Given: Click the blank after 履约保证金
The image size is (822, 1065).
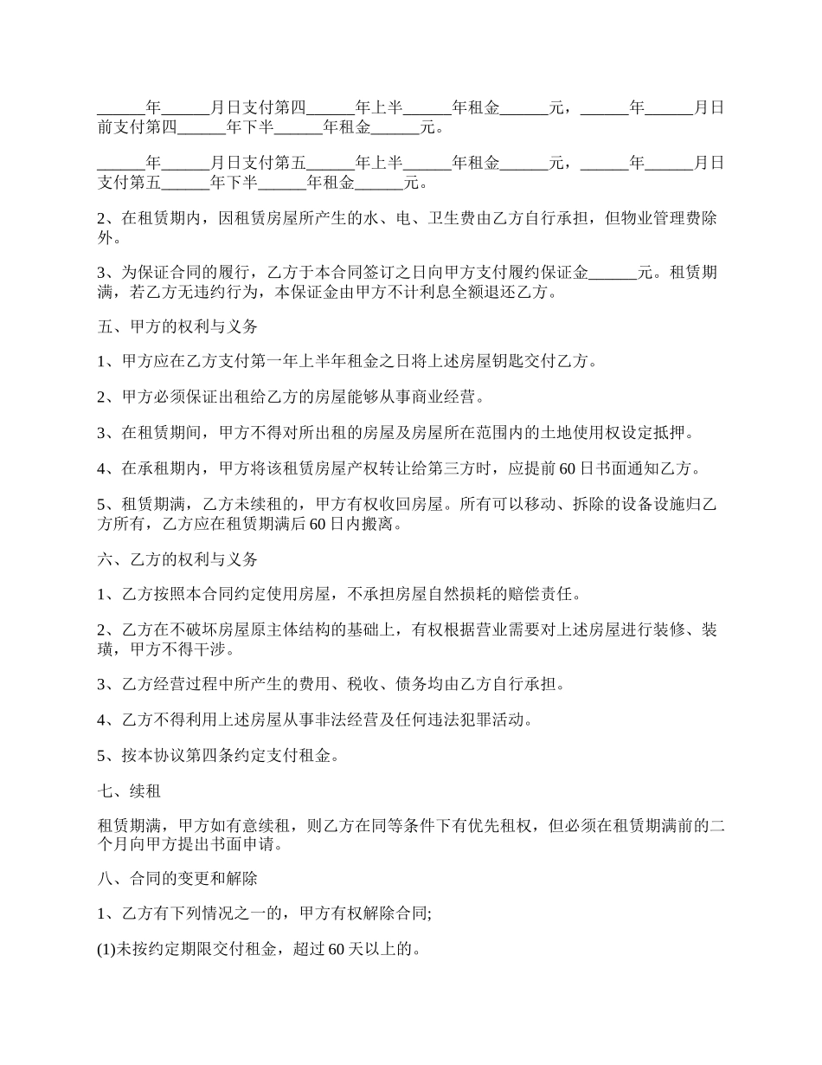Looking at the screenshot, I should pyautogui.click(x=613, y=273).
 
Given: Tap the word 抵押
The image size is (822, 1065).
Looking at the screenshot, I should pyautogui.click(x=678, y=432).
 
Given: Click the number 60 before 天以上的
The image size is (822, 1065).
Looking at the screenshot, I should pyautogui.click(x=339, y=950).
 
